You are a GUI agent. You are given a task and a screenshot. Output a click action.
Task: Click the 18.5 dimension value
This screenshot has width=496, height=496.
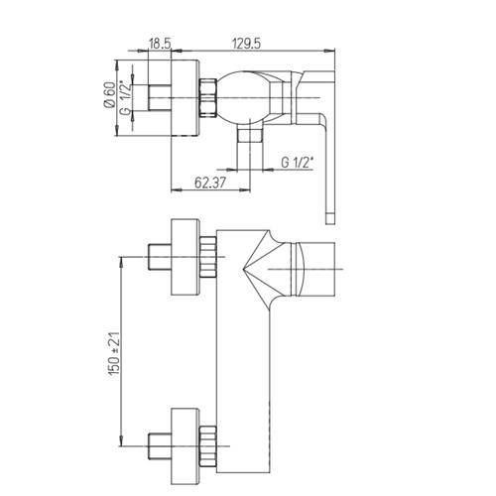[x=160, y=44]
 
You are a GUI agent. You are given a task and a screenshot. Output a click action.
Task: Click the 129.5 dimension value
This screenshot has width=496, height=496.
[x=246, y=44]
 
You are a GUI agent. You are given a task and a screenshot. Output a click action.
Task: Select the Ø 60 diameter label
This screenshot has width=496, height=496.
[x=109, y=94]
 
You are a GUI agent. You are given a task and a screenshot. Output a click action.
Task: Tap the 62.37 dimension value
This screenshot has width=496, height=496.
[x=210, y=183]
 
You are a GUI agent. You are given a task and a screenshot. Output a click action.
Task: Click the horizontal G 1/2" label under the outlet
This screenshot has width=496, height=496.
[x=297, y=163]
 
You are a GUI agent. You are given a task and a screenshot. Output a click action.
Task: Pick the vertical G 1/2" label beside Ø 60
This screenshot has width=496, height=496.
[x=127, y=97]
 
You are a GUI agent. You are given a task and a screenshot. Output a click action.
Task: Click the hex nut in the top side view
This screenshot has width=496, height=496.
[x=208, y=98]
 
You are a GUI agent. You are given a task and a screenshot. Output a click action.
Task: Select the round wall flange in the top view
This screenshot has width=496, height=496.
[x=186, y=98]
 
